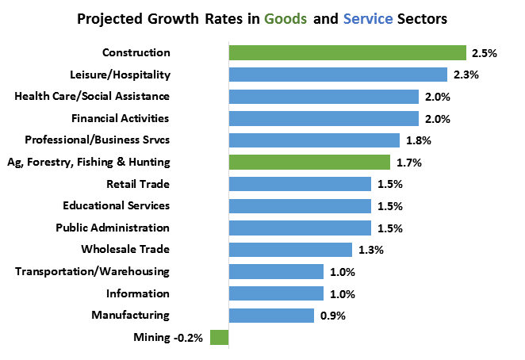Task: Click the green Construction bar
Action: click(347, 53)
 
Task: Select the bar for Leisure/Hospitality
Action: click(338, 75)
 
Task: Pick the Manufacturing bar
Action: click(271, 316)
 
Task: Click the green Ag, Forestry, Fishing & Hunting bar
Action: click(309, 163)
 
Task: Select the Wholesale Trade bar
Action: click(290, 250)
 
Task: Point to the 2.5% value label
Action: click(484, 53)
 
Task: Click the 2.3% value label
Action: click(465, 75)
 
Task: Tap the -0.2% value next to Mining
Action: click(189, 338)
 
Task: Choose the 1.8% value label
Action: click(417, 140)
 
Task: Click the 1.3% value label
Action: click(370, 250)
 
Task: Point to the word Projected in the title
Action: click(110, 18)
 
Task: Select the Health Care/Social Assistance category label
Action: click(93, 97)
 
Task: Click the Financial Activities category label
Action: click(121, 119)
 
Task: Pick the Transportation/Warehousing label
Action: click(93, 271)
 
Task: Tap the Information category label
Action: click(138, 293)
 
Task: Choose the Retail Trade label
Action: click(138, 184)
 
